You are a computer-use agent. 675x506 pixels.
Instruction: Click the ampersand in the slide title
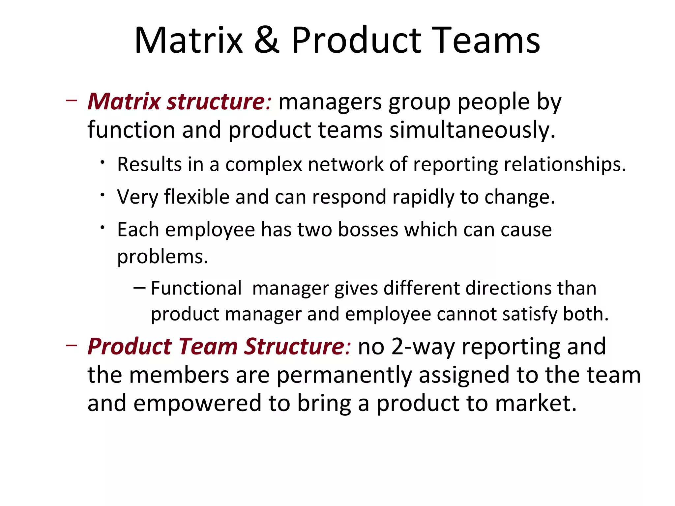(x=267, y=40)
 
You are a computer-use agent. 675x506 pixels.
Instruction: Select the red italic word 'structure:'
(x=219, y=101)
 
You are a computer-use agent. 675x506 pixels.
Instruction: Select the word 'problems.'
(x=162, y=257)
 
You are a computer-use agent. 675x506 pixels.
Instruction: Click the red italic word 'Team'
(x=208, y=347)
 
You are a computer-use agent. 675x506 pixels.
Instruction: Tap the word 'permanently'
(x=344, y=375)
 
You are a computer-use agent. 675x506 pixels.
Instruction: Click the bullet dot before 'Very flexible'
(x=103, y=195)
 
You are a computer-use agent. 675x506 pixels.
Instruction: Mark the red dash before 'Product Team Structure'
(x=72, y=345)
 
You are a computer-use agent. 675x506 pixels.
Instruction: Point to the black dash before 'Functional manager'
(x=139, y=288)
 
